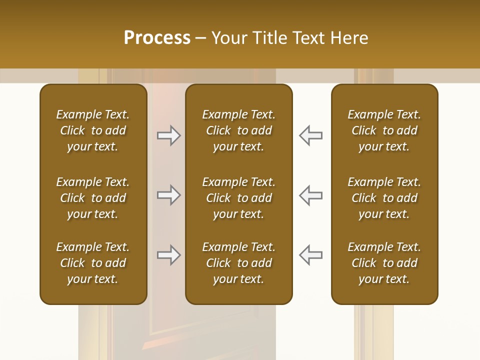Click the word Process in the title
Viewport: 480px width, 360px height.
(157, 38)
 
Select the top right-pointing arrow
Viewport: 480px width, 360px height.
(168, 135)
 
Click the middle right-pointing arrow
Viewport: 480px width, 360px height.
(168, 195)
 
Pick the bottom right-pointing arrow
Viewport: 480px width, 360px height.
(168, 255)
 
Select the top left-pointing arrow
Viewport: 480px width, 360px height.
(310, 135)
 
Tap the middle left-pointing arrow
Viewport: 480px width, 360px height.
(310, 195)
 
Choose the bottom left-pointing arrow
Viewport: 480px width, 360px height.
(310, 255)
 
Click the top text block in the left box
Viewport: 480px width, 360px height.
(93, 130)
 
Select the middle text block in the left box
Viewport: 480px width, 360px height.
(93, 198)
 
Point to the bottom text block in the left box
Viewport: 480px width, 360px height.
(93, 263)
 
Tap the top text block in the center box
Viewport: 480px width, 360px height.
(238, 130)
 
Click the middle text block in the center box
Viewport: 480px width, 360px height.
(238, 198)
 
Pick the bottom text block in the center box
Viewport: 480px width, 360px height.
(238, 263)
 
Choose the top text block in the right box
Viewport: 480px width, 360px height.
(384, 130)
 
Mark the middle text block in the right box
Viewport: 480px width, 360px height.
(384, 198)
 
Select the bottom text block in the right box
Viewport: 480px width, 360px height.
(384, 263)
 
